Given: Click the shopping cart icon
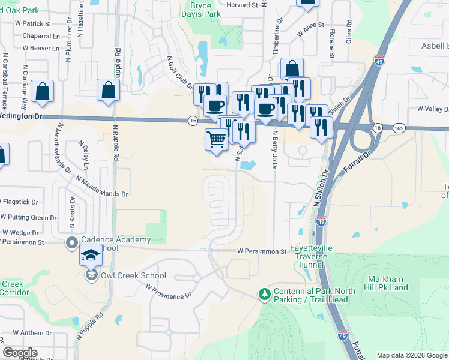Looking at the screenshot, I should coord(216,139).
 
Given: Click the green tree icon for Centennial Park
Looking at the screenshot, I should coord(264,294).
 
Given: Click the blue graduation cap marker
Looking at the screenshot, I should coord(91,256).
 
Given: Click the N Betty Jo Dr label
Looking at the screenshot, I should coord(275,150).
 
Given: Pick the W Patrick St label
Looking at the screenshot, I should coord(29,24).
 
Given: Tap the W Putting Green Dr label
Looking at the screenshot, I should coord(28,218).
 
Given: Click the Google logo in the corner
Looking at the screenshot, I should coord(20,353).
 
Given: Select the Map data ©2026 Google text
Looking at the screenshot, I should coord(412,355).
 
